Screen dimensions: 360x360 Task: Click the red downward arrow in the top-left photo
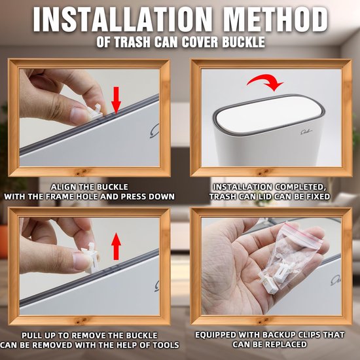(117, 99)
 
